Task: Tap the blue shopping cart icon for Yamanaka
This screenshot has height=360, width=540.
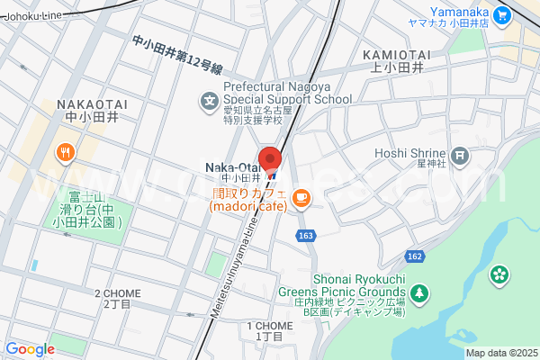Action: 502,13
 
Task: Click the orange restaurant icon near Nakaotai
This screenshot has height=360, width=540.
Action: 66,152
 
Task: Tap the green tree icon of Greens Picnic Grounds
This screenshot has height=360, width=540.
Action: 420,292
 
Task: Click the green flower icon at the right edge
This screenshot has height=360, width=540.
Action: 500,273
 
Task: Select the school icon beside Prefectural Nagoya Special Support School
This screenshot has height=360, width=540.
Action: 210,101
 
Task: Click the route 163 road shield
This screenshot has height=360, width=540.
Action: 305,234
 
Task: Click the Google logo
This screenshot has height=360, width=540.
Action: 30,349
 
